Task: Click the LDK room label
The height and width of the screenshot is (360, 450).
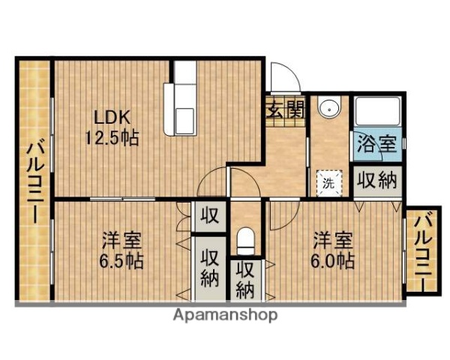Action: (x=112, y=118)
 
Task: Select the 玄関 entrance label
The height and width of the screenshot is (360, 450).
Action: (x=285, y=109)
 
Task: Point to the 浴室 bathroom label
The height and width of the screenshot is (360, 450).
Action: (x=376, y=143)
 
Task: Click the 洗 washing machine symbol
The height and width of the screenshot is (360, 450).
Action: (x=329, y=181)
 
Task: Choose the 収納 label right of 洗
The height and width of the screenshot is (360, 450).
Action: (x=376, y=181)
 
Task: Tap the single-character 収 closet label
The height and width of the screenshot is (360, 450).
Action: (x=210, y=217)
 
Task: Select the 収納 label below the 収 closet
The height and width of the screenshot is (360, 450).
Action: (x=210, y=267)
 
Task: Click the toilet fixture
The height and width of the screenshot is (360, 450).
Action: (x=245, y=241)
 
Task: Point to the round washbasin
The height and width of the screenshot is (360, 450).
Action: (x=328, y=110)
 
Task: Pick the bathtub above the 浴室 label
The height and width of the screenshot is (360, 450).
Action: (x=376, y=112)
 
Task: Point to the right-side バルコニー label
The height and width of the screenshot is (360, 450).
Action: (x=422, y=252)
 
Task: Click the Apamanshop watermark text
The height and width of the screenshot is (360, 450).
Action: (x=225, y=315)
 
